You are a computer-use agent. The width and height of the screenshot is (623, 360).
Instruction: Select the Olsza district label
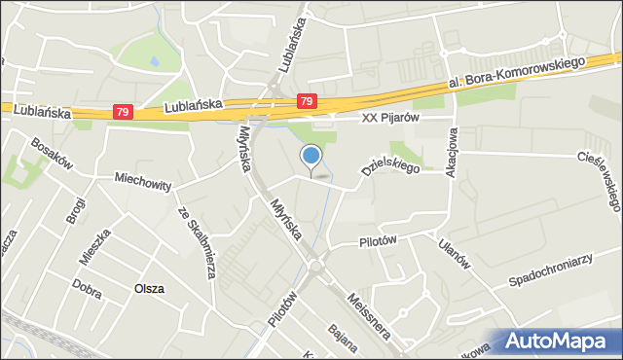coord(149,289)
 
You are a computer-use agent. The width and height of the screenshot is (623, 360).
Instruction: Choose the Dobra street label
coord(86,283)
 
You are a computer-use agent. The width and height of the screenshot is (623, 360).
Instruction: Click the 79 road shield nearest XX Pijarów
coord(307,100)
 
